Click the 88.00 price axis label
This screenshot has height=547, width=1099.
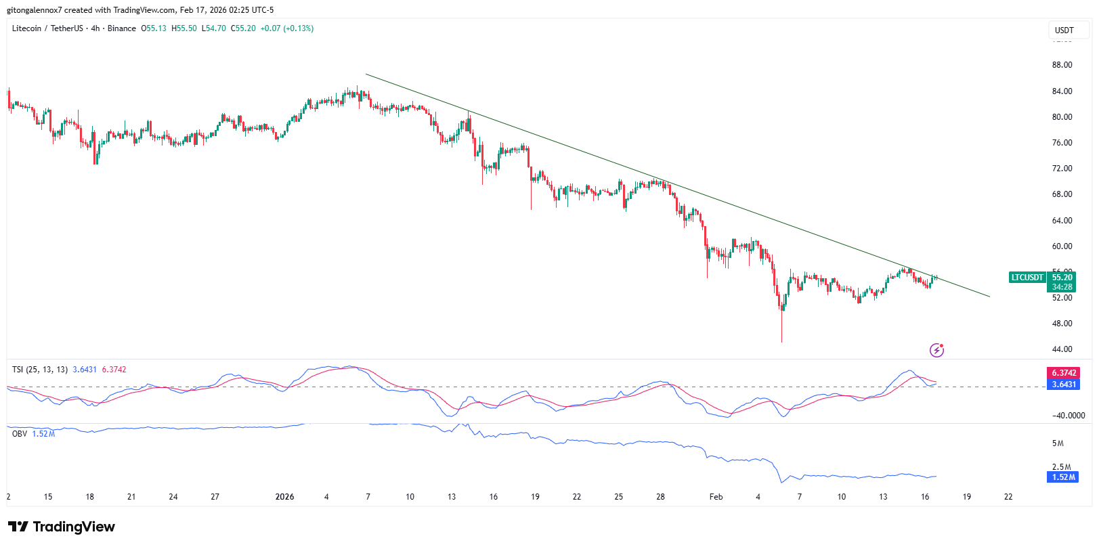(1062, 65)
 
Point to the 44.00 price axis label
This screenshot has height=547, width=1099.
(1062, 349)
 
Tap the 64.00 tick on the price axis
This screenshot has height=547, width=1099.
(1062, 221)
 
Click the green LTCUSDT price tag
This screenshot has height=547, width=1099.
(1027, 278)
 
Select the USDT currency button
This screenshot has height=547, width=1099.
(1064, 30)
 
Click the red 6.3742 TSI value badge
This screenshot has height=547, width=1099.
(1063, 373)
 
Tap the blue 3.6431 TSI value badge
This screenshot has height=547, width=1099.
(1063, 385)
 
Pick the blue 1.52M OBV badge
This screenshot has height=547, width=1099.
(1063, 477)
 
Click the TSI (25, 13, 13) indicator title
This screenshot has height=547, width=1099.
(40, 370)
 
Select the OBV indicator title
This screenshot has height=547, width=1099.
(20, 434)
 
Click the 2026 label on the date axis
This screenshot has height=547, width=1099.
(284, 497)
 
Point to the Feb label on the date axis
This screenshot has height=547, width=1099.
(716, 497)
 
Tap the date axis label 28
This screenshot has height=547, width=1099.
(660, 497)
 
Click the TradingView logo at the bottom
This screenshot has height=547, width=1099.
(62, 527)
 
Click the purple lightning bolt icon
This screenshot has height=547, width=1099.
(936, 350)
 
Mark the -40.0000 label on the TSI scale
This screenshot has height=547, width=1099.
(1068, 416)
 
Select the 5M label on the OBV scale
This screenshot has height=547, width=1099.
(1057, 443)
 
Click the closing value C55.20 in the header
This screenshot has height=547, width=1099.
(243, 28)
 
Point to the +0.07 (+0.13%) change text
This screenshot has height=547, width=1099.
(287, 28)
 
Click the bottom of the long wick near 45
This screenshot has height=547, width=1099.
(781, 341)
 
